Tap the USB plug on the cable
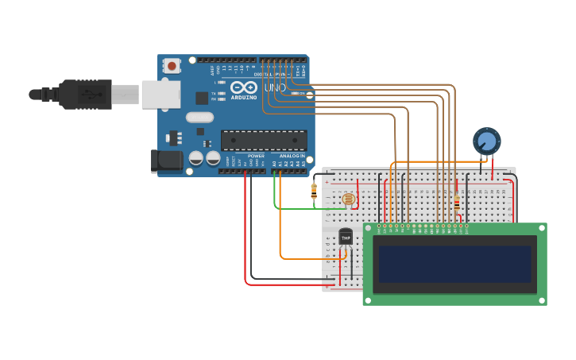(x=83, y=95)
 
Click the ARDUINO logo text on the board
(x=244, y=97)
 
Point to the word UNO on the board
(x=275, y=87)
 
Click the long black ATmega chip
(x=264, y=141)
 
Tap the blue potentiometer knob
(x=486, y=141)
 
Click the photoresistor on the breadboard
(x=349, y=199)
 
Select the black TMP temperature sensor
(x=346, y=237)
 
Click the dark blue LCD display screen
(x=454, y=264)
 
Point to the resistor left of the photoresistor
(x=314, y=191)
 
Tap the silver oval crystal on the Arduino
(x=200, y=118)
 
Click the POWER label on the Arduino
(x=256, y=156)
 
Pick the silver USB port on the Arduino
(x=160, y=94)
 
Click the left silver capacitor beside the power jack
(x=195, y=158)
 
